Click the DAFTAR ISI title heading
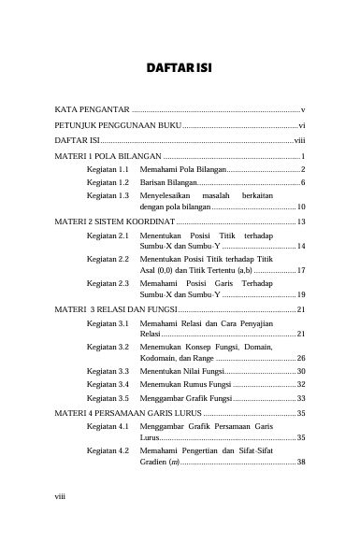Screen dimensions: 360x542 [180, 67]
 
